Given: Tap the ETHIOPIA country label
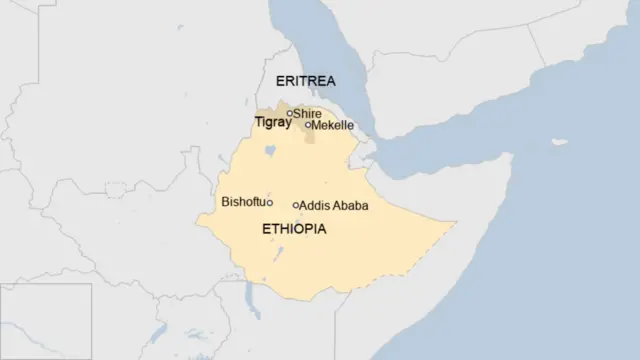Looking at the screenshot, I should pyautogui.click(x=293, y=229).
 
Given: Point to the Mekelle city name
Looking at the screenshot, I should pyautogui.click(x=332, y=126).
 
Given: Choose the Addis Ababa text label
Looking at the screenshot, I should pyautogui.click(x=334, y=205).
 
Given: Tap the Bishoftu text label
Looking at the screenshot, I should pyautogui.click(x=243, y=203).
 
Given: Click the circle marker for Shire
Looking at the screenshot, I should pyautogui.click(x=290, y=113).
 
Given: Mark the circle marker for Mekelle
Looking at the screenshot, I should pyautogui.click(x=308, y=126).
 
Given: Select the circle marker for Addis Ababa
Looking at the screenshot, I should pyautogui.click(x=296, y=205).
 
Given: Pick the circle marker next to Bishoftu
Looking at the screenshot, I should pyautogui.click(x=270, y=203).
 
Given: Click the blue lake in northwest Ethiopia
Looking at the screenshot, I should pyautogui.click(x=268, y=153).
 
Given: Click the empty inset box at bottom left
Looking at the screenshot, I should pyautogui.click(x=46, y=321).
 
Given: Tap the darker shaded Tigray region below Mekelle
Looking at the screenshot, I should pyautogui.click(x=310, y=136).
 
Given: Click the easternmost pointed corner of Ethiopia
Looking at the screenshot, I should pyautogui.click(x=456, y=223).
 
